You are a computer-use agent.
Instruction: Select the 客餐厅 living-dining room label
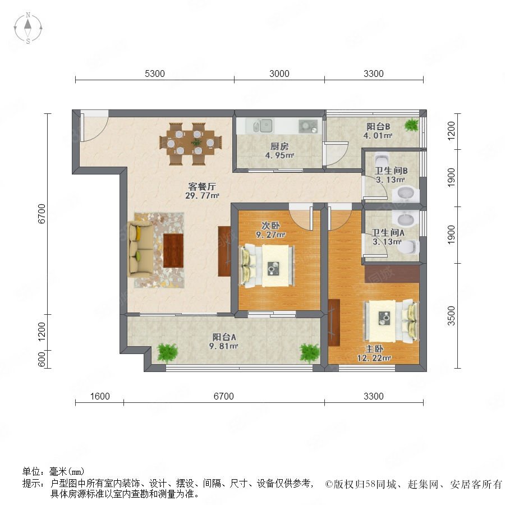point(201,187)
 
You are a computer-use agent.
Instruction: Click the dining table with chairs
point(190,143)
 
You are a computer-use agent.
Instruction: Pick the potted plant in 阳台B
point(412,125)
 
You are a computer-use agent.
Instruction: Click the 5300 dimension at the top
point(154,74)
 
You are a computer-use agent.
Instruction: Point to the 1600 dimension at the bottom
point(99,396)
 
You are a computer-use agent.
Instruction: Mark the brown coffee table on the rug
point(173,250)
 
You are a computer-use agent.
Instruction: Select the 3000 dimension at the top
point(279,74)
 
